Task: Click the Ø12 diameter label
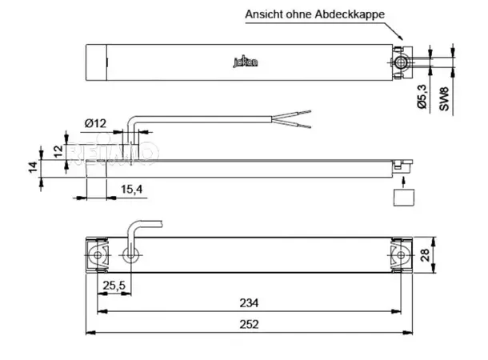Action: [x=95, y=122]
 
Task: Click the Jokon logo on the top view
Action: [x=242, y=61]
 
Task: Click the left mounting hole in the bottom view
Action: [x=98, y=256]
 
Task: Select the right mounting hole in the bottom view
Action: [x=400, y=256]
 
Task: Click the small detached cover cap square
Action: [x=404, y=197]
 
